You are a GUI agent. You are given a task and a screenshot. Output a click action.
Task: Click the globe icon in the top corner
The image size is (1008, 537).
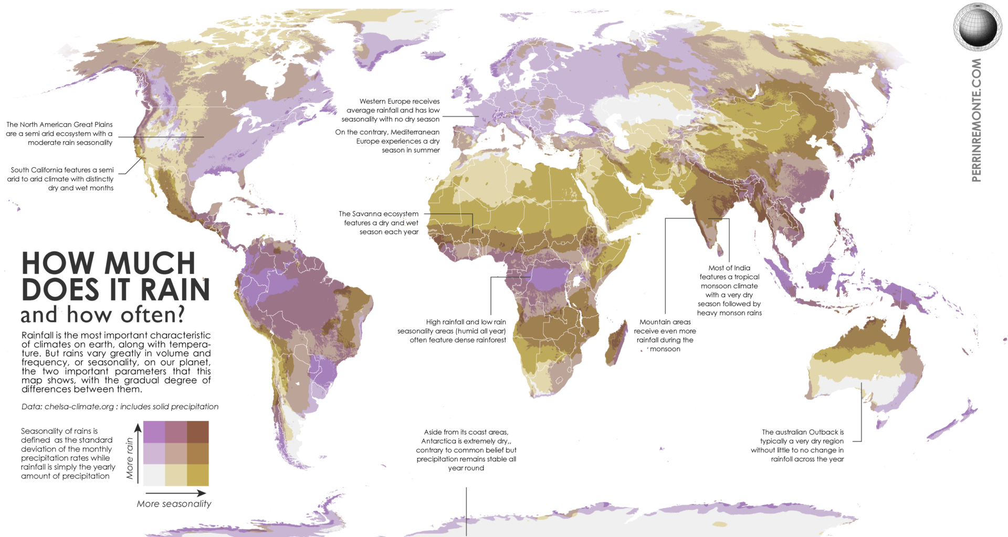(x=977, y=26)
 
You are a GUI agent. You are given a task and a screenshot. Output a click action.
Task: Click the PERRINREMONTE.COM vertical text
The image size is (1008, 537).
(x=976, y=120)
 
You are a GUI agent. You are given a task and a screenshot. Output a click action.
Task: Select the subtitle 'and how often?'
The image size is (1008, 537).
(x=103, y=315)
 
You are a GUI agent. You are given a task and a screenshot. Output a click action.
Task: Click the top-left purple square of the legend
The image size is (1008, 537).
(x=154, y=432)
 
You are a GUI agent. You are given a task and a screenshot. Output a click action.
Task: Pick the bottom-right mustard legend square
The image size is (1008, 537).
(x=197, y=475)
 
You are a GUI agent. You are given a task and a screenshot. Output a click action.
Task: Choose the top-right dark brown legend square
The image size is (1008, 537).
(x=197, y=432)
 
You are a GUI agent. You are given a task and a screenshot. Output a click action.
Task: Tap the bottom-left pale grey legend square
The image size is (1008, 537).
(x=154, y=475)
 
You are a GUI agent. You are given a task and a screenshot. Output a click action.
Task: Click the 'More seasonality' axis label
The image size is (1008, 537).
(x=174, y=504)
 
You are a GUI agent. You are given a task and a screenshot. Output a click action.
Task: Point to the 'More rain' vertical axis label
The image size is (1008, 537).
(x=130, y=458)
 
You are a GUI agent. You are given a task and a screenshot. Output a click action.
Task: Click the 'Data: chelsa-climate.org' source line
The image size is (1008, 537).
(x=120, y=407)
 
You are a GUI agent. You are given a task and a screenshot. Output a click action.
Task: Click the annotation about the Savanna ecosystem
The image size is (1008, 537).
(x=379, y=223)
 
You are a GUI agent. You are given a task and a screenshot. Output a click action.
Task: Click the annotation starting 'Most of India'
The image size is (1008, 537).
(x=729, y=290)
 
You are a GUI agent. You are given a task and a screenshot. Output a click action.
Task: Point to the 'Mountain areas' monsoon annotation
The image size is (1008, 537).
(x=665, y=335)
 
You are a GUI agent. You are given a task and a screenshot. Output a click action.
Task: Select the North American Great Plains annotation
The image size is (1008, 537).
(x=60, y=134)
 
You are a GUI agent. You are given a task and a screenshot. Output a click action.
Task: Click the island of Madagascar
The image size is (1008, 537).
(x=616, y=343)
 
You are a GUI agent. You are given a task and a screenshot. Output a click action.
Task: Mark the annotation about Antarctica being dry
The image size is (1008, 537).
(x=466, y=450)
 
